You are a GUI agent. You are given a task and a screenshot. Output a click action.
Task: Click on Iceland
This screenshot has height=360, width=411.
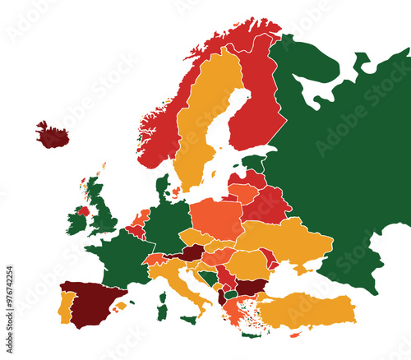52,135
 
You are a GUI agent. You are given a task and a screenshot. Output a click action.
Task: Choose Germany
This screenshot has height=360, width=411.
169,223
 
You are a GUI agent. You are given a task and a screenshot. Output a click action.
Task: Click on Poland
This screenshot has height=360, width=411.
217,217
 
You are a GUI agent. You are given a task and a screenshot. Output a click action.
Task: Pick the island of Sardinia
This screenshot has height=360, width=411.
163,313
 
